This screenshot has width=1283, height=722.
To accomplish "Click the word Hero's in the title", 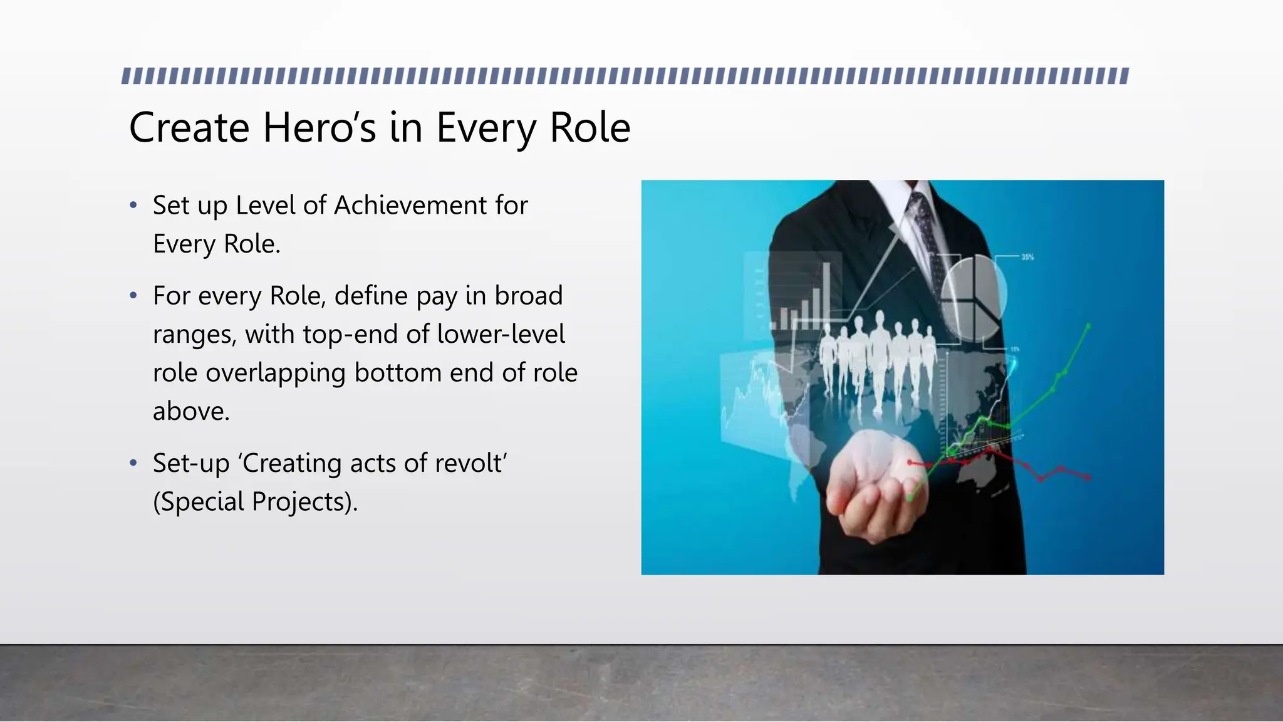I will point(319,128).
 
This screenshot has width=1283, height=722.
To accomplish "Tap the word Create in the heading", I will point(189,128).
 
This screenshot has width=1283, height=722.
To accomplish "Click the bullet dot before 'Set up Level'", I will point(133,206).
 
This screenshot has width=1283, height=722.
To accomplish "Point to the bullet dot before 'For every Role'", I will point(133,296).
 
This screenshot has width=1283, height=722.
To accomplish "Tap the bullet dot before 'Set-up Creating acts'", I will point(133,464).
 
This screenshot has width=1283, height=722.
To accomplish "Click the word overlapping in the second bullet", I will point(276,374).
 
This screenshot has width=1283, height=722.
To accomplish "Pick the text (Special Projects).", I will point(255,502).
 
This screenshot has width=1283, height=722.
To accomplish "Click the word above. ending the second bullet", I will point(191,412).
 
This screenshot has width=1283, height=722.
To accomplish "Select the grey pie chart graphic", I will point(973,298).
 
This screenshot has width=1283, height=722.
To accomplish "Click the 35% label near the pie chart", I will point(1027,257).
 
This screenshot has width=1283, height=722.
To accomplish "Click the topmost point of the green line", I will point(1088,326).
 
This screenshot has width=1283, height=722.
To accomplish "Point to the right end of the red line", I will point(1089,478).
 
